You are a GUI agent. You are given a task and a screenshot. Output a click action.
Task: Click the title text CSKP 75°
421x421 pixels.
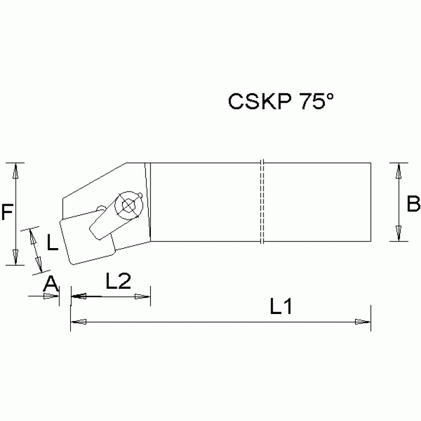280,102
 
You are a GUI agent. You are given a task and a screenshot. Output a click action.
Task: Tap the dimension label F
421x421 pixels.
7,212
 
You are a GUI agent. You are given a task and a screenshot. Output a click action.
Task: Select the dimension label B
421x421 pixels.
413,205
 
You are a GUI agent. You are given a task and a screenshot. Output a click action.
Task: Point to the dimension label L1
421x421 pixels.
281,307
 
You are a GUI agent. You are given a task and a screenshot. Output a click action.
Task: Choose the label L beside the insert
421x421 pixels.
52,242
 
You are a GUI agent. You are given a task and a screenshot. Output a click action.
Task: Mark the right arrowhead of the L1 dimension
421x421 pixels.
364,322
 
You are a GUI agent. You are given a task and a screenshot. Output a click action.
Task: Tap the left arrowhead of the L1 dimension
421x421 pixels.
77,322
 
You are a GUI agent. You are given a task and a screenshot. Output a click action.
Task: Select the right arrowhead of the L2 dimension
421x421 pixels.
144,296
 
